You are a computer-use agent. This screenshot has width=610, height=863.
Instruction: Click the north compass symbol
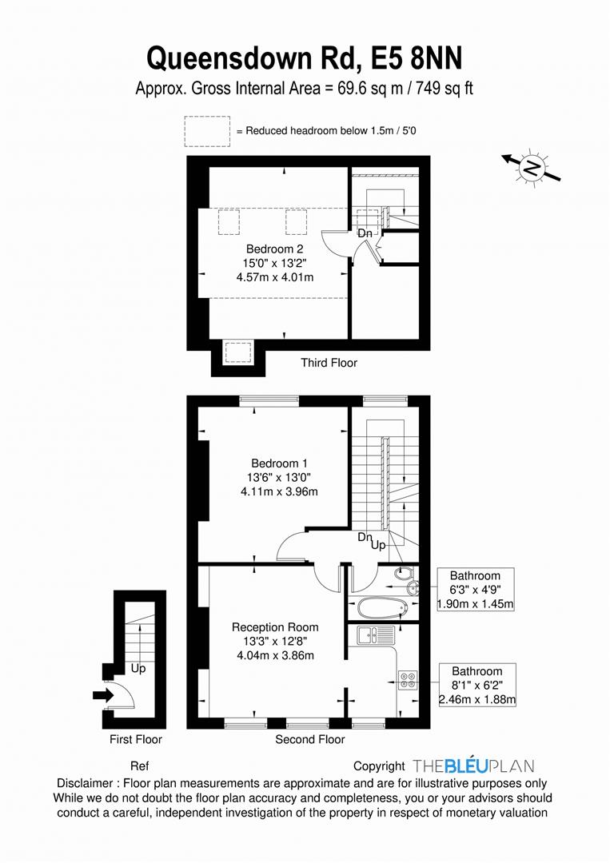531,167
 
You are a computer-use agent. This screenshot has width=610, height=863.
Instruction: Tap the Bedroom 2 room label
275,249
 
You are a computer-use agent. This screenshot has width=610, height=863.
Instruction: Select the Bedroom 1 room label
279,463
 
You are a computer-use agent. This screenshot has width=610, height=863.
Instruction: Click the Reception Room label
275,627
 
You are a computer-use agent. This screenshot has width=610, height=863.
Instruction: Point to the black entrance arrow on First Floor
102,696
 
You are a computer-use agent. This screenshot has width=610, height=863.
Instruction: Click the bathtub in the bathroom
383,607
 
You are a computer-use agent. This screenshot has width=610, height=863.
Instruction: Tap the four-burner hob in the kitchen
408,680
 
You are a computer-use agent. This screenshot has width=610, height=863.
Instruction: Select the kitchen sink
376,635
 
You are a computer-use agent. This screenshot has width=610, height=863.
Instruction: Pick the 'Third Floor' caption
329,363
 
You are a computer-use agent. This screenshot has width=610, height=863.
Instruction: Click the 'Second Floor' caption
310,739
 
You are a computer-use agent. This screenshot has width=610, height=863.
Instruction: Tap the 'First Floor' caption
136,739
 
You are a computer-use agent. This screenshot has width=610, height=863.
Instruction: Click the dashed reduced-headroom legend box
207,131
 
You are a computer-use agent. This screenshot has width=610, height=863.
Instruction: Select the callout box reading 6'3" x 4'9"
475,590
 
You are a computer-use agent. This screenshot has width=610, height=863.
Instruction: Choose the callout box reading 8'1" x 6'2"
476,685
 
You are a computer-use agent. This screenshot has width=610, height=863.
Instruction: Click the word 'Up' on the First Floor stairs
138,668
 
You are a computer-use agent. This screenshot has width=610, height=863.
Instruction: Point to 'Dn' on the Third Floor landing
365,233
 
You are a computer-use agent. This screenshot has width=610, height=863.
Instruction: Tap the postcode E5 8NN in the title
417,58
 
